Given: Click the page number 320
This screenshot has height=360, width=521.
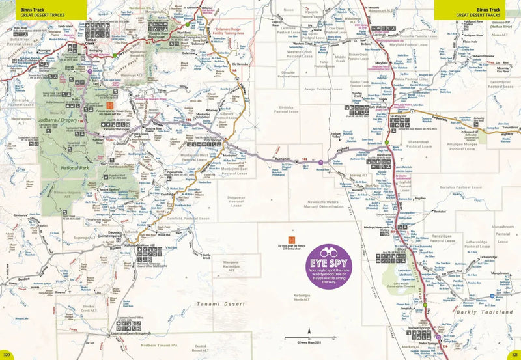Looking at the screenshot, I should (x=7, y=355).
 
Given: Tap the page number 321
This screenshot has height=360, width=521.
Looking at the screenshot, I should (x=513, y=355).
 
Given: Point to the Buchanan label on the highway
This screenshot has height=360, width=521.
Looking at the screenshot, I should (x=281, y=159).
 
